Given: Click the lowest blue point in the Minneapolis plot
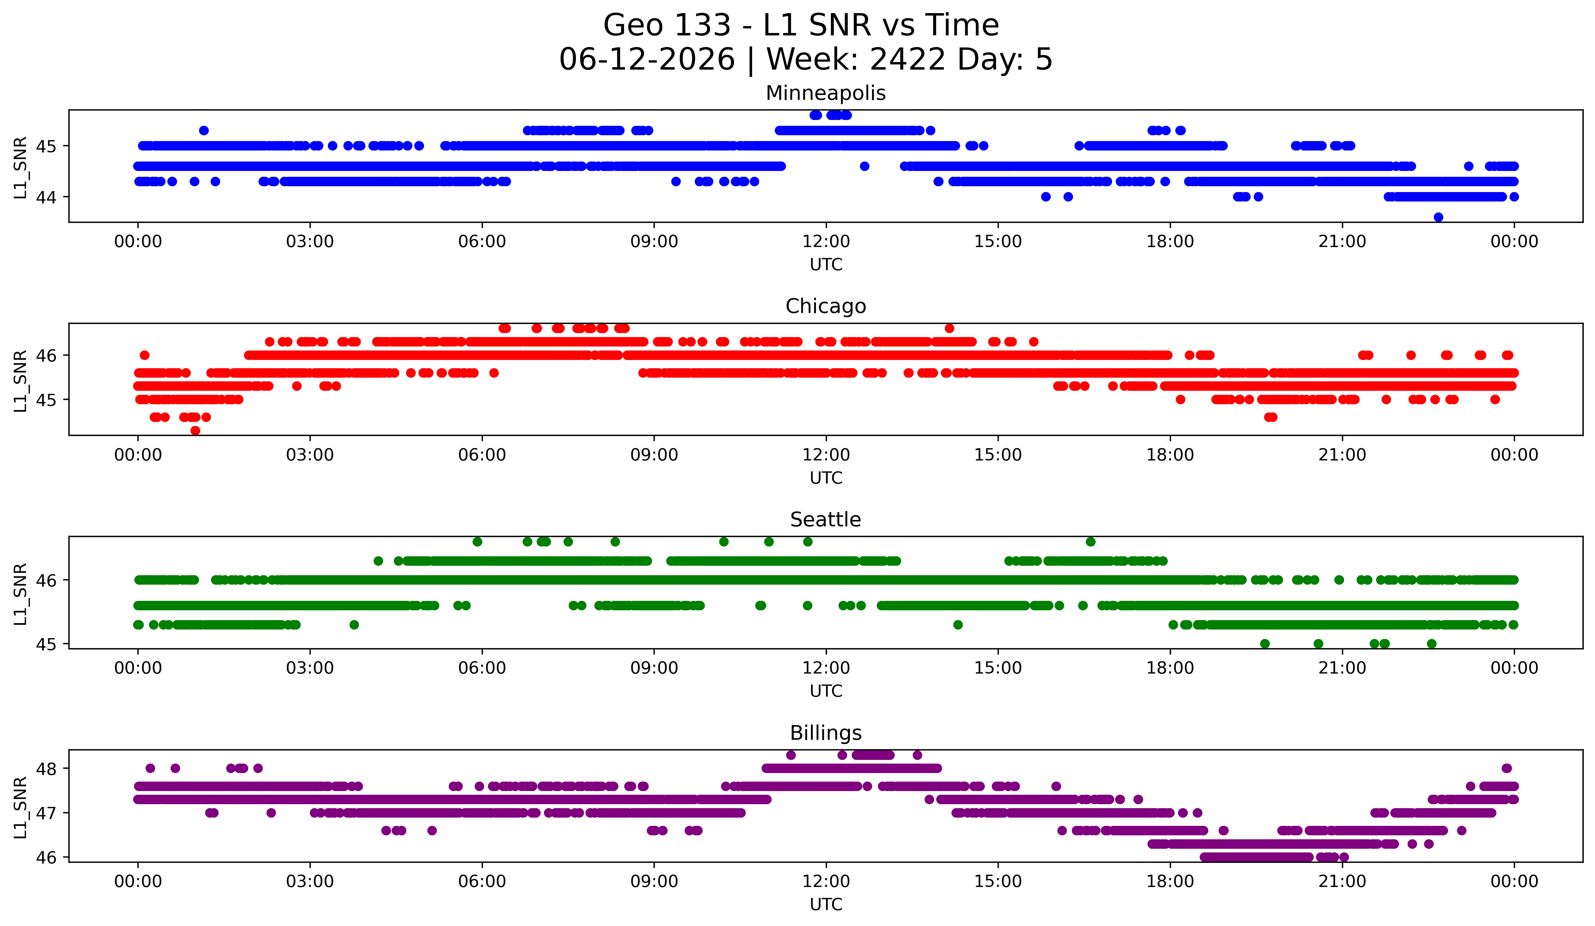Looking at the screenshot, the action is [x=1438, y=217].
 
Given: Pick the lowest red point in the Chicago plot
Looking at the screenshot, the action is [x=195, y=430].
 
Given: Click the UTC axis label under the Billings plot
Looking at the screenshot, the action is [x=826, y=905].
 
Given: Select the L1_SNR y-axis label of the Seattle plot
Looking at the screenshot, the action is [x=20, y=594].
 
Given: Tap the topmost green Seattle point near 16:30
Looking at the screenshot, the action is [x=1090, y=541].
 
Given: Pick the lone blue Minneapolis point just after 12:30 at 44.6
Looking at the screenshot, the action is [x=865, y=166].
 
